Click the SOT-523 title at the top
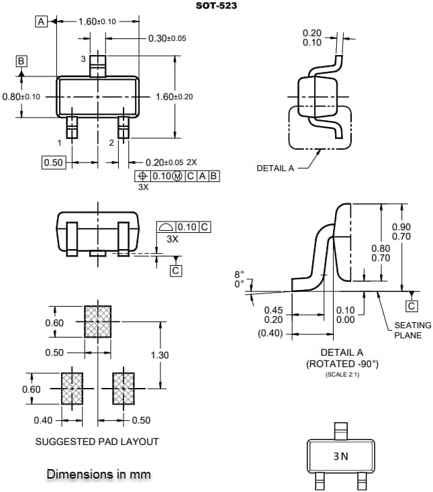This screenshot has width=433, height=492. pos(216,6)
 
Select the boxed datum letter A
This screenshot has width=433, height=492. pos(41,21)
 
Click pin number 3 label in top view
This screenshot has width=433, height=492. pos(83,60)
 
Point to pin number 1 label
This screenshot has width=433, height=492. pos(60,143)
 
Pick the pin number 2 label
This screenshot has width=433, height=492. pos(111,143)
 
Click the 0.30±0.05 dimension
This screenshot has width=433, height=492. pos(167,38)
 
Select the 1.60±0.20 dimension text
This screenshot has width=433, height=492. pos(174,97)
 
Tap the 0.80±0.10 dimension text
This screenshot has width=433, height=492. pos(21,97)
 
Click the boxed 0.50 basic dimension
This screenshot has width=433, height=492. pos(53,162)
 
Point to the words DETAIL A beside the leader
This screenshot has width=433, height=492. pos(275,168)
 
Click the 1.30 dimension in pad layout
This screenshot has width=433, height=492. pos(160,355)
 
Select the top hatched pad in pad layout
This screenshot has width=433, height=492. pos(98,322)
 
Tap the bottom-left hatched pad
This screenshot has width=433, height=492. pos(72,389)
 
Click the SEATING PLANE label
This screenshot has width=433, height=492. pos(407,330)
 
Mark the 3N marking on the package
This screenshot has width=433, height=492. pos(340,456)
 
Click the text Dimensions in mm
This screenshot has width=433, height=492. pos(99,474)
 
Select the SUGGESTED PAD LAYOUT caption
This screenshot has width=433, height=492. pos(97,442)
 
